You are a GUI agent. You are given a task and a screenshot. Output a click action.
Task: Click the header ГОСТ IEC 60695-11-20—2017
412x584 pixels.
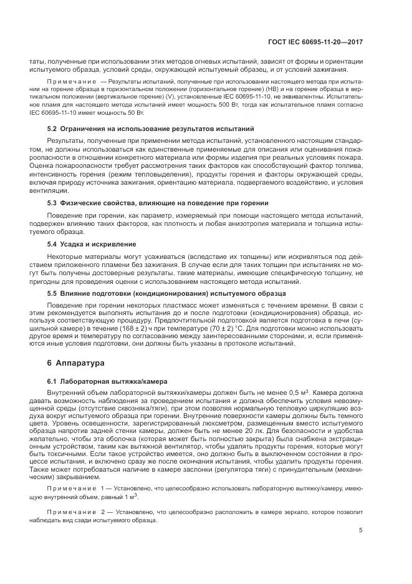[x=316, y=42]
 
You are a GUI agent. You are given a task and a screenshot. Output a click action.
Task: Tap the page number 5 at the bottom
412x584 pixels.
[x=361, y=531]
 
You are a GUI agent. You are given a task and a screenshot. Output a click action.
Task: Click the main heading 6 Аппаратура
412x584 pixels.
[x=70, y=363]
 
